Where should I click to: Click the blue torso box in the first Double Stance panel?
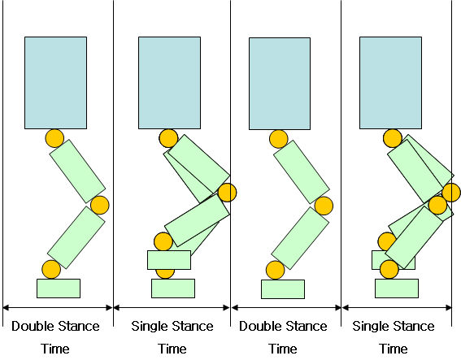coord(55,83)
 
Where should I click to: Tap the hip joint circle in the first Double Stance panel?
coord(54,138)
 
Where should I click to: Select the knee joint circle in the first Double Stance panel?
coord(100,205)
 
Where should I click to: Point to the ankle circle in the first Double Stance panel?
coord(51,269)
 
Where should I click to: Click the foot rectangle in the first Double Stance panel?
coord(59,288)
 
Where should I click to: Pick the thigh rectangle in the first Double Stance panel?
coord(77,171)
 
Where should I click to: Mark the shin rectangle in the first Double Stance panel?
coord(76,237)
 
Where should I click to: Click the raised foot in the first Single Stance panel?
coord(169,260)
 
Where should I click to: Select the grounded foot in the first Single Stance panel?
coord(173,288)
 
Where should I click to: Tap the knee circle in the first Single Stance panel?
coord(227,193)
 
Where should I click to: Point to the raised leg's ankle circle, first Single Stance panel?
coord(163,241)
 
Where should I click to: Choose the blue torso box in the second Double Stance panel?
coord(280,84)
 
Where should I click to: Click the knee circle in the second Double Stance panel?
coord(324,206)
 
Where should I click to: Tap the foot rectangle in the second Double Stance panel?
coord(283,289)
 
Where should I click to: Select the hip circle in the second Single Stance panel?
coord(393,138)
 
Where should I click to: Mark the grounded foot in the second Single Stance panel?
coord(397,288)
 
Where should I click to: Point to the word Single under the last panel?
coord(370,327)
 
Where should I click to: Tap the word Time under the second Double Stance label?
coord(283,349)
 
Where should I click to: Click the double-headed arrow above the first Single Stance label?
coord(172,308)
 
